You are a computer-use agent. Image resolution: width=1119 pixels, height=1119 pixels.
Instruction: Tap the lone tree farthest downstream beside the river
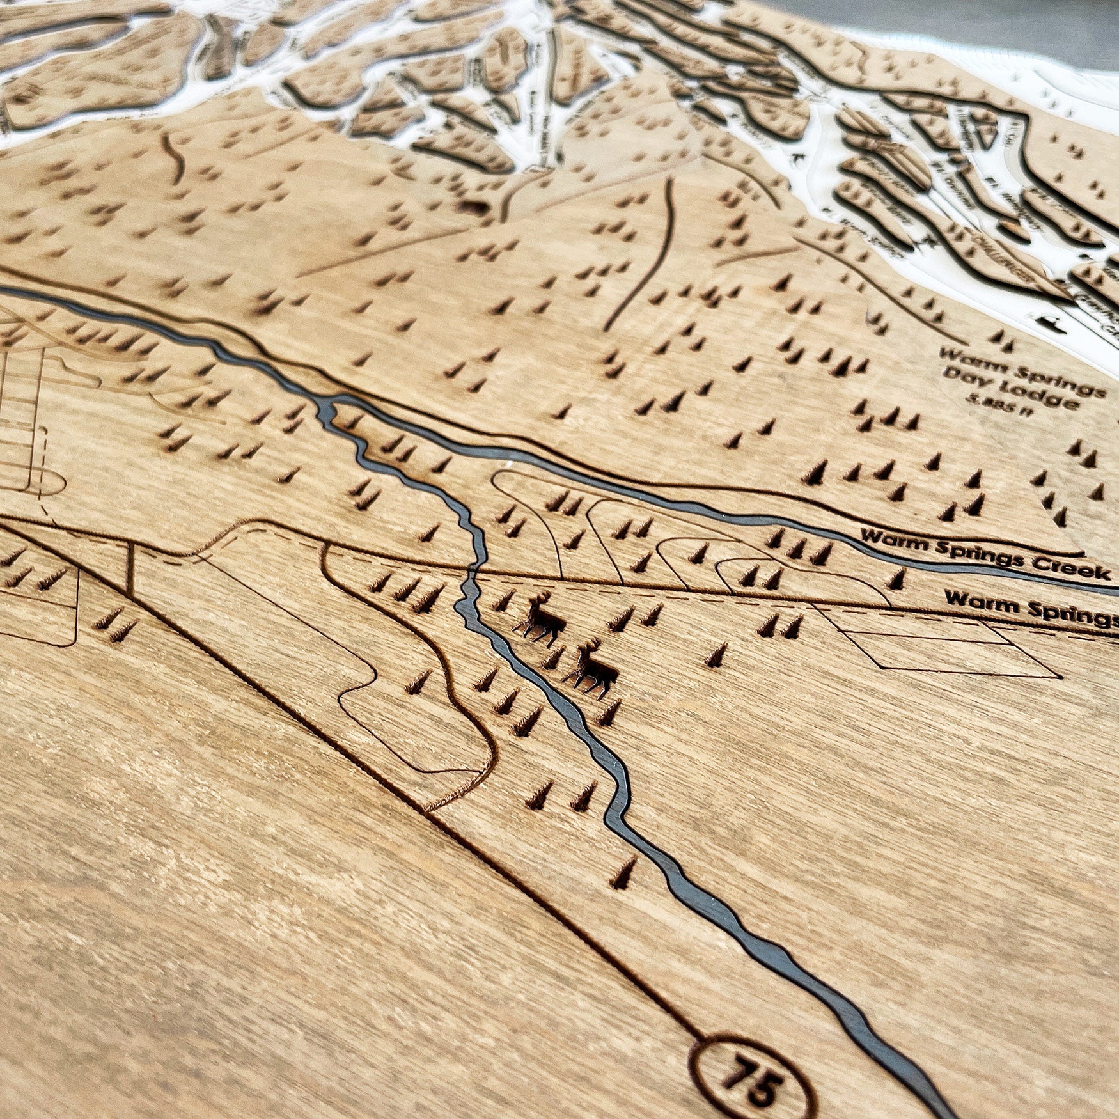[x=623, y=873]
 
